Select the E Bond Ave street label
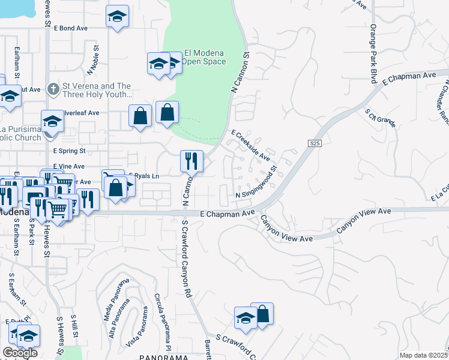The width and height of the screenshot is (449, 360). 71,28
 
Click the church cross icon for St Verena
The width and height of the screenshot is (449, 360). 53,89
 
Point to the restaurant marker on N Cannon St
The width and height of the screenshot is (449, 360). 191,161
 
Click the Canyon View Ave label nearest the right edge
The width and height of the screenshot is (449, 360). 364,220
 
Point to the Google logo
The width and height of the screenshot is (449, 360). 20,353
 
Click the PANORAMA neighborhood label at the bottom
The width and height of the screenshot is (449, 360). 164,356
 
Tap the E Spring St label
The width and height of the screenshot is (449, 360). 69,151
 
